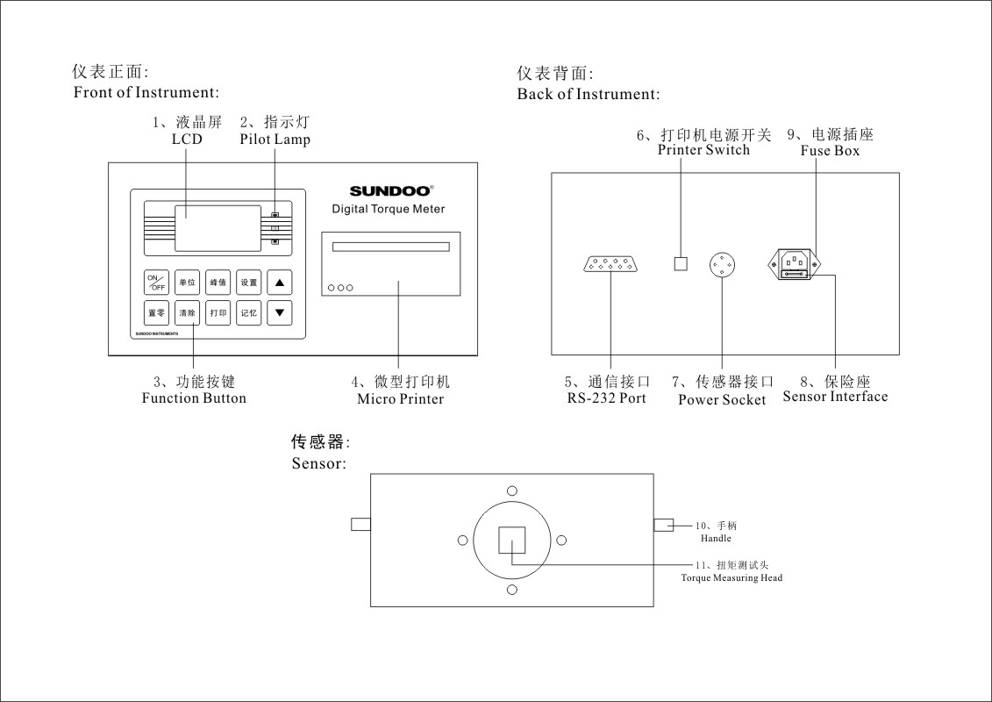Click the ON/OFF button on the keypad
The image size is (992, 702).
point(155,283)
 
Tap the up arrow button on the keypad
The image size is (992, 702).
point(280,283)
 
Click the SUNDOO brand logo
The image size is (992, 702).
point(390,190)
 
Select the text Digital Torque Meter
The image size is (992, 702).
point(388,209)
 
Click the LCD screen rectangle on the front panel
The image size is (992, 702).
point(218,227)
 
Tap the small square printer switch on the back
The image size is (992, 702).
point(680,263)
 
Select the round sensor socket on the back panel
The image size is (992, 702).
point(722,263)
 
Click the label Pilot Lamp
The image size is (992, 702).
point(275,140)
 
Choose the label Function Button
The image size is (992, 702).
point(194,398)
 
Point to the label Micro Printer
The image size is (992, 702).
point(400,399)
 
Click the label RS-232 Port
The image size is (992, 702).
point(606,398)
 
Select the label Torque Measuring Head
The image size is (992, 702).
point(732,578)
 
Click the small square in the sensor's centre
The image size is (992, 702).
point(511,541)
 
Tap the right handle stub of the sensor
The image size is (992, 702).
point(664,525)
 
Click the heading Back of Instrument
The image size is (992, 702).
point(588,94)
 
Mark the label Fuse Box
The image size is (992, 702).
point(830,150)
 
